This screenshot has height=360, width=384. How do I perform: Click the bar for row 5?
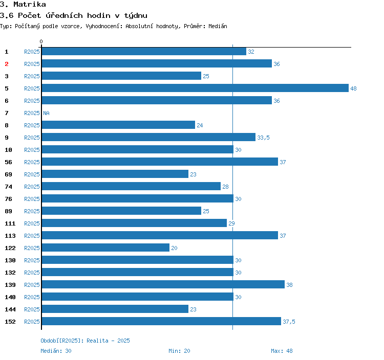[x=195, y=88]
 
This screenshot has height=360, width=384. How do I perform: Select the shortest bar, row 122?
[x=105, y=247]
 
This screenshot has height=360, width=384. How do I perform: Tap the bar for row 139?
[x=163, y=284]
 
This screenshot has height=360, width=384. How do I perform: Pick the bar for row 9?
[x=148, y=137]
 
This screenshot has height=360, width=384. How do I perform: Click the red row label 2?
[x=7, y=64]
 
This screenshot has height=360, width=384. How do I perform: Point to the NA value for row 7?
[x=46, y=113]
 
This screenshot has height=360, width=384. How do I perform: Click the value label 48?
[x=353, y=88]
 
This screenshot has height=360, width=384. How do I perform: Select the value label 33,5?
[x=263, y=138]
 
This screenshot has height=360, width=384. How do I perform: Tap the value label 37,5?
[x=289, y=322]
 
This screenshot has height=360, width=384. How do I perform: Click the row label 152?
[x=10, y=322]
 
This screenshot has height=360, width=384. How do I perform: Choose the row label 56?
[x=8, y=162]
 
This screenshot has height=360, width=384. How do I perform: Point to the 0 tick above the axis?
[x=41, y=41]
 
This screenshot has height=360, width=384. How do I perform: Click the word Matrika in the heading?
[x=30, y=5]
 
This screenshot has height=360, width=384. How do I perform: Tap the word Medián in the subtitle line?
[x=218, y=26]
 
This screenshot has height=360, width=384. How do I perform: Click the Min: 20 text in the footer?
[x=179, y=351]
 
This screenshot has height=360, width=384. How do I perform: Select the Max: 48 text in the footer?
[x=282, y=351]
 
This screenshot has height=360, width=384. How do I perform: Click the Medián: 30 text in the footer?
[x=56, y=351]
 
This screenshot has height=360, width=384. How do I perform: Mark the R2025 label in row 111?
[x=32, y=223]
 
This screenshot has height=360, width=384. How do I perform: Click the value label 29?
[x=231, y=223]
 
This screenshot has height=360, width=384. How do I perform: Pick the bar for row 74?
[x=131, y=186]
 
